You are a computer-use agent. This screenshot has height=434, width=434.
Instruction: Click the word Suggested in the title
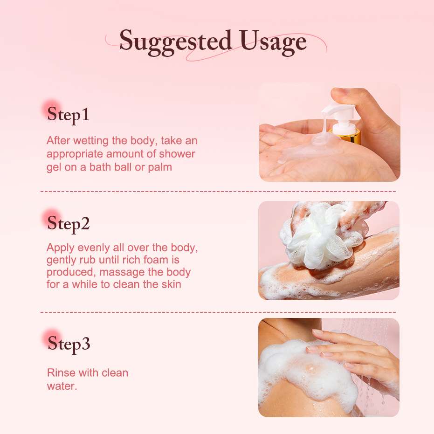(175, 42)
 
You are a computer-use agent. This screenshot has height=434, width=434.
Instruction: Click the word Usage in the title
(273, 42)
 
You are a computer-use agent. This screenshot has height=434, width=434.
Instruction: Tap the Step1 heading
(68, 115)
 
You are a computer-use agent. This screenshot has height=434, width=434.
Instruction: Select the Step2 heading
(68, 224)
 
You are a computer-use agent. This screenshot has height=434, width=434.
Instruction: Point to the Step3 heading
(69, 344)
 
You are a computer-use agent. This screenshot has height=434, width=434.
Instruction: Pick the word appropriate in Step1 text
(75, 154)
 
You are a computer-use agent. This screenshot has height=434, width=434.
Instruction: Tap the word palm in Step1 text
(160, 167)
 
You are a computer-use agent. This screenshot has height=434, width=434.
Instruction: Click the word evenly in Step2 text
(94, 248)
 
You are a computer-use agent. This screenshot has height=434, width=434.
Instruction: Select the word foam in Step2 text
(156, 260)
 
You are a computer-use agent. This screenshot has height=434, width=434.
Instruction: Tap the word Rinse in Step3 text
(62, 373)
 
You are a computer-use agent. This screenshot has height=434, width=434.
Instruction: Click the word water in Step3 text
(61, 386)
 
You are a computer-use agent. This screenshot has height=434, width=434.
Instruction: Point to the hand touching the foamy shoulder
(357, 354)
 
